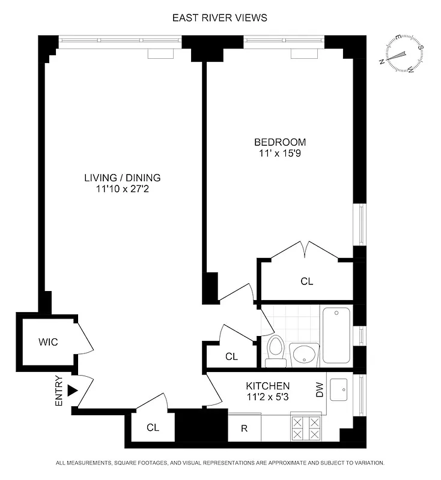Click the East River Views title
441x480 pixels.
[220, 18]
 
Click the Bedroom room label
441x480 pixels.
[280, 142]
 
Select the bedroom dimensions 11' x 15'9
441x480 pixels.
[280, 154]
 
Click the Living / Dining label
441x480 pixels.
[123, 178]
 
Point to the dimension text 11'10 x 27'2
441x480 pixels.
[123, 189]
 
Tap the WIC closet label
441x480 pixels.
[48, 342]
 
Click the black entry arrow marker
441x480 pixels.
[73, 391]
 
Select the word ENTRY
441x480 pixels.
[59, 391]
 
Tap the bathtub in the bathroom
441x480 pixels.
[337, 335]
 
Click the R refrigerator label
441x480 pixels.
[245, 428]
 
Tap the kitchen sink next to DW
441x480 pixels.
[341, 390]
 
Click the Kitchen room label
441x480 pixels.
[268, 386]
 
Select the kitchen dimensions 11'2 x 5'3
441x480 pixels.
[268, 397]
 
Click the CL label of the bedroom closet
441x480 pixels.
[307, 281]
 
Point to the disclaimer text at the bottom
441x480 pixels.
[220, 464]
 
